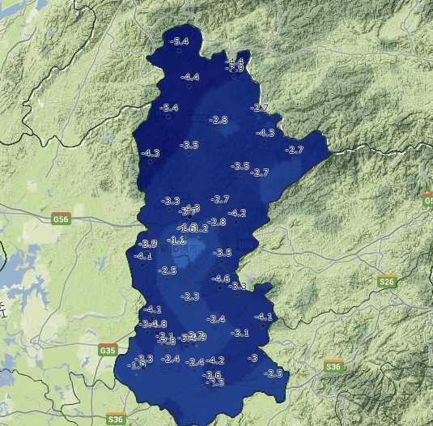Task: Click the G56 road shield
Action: (x=61, y=219)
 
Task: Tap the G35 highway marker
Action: (x=108, y=350)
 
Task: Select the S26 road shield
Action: (x=387, y=282)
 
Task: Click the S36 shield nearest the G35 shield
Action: (x=116, y=419)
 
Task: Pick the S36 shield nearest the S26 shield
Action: (x=333, y=367)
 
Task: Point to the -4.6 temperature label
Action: (x=220, y=279)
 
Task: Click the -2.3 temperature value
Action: (x=190, y=297)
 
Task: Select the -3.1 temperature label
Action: (x=240, y=333)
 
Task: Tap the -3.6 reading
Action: (x=213, y=374)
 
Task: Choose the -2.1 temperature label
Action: (x=166, y=335)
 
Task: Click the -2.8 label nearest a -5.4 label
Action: (x=219, y=120)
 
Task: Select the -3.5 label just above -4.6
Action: (x=223, y=253)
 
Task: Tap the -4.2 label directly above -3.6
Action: (x=215, y=360)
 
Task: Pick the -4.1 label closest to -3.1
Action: (x=264, y=317)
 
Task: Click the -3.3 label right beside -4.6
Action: (x=238, y=286)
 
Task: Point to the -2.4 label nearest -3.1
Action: (x=216, y=319)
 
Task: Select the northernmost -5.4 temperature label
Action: (x=180, y=41)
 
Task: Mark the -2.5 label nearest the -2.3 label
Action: (x=168, y=271)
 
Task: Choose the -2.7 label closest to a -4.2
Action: (x=220, y=199)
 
